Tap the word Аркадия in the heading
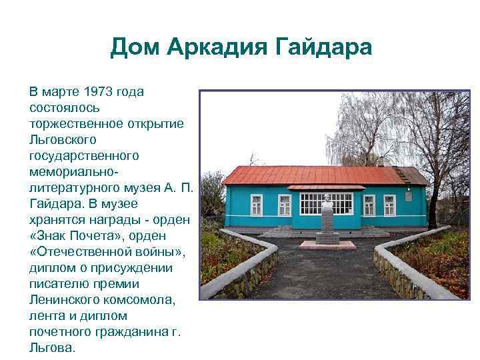pyautogui.click(x=215, y=47)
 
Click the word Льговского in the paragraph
pyautogui.click(x=63, y=139)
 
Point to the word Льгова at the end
pyautogui.click(x=51, y=347)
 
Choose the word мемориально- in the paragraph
pyautogui.click(x=70, y=171)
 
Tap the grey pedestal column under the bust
pyautogui.click(x=327, y=224)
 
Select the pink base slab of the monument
pyautogui.click(x=327, y=245)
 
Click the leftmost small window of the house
pyautogui.click(x=237, y=205)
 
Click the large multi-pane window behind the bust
pyautogui.click(x=326, y=203)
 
